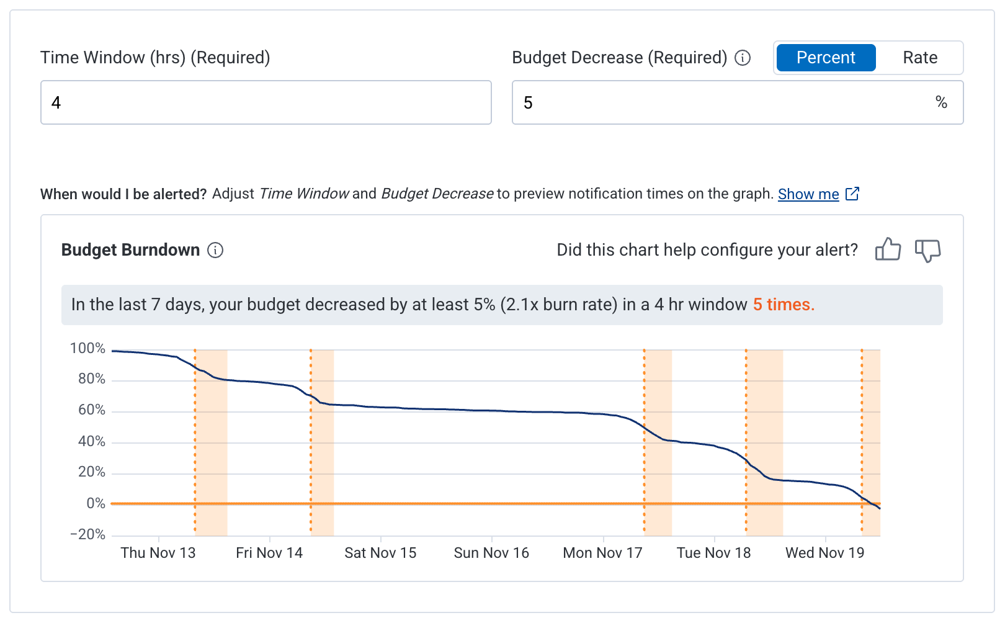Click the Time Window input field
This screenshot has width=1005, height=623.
tap(266, 102)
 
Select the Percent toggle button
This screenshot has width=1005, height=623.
tap(825, 58)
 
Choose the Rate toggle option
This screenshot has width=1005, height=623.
tap(919, 58)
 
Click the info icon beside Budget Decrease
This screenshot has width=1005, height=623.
tap(743, 58)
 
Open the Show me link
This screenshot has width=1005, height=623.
tap(808, 194)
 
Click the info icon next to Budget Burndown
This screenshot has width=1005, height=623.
tap(215, 250)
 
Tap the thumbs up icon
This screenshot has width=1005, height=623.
tap(888, 250)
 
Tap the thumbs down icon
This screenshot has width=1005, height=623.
tap(927, 250)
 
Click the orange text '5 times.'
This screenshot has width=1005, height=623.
tap(783, 305)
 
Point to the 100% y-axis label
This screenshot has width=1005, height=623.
tap(87, 348)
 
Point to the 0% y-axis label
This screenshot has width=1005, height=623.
tap(96, 503)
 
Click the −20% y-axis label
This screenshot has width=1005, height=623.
tap(87, 534)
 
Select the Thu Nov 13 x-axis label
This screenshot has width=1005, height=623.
tap(158, 553)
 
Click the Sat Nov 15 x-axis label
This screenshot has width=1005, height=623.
tap(380, 553)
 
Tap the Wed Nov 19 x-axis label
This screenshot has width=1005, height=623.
tap(824, 553)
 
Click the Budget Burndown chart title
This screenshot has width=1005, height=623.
tap(130, 250)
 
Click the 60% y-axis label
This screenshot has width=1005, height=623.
tap(91, 410)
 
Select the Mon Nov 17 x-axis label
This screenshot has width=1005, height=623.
tap(602, 553)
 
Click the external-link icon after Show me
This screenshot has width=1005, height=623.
tap(852, 194)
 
